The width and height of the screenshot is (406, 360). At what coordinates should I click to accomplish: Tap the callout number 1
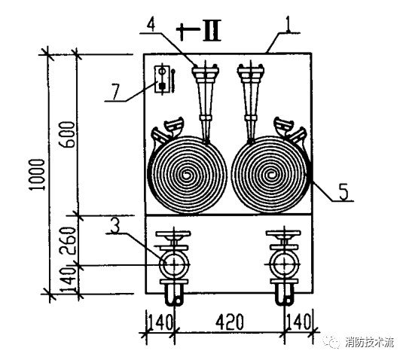point(288,25)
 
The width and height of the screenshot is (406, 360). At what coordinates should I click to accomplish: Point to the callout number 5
point(343,192)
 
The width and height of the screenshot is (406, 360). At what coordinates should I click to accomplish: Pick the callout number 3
point(115,225)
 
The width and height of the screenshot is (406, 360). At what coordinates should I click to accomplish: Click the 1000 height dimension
point(37,175)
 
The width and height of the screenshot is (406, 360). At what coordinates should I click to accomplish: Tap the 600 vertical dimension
point(68,135)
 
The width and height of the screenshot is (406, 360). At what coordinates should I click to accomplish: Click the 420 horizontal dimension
point(230,322)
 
